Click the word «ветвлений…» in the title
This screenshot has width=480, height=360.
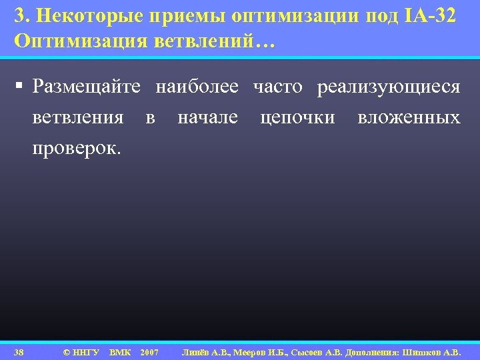pyautogui.click(x=214, y=41)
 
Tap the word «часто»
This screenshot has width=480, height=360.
pyautogui.click(x=278, y=87)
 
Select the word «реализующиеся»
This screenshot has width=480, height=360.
pyautogui.click(x=389, y=87)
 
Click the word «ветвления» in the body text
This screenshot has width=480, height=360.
pyautogui.click(x=78, y=118)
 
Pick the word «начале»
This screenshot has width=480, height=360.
pyautogui.click(x=207, y=118)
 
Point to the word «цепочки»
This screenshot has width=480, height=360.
pyautogui.click(x=297, y=118)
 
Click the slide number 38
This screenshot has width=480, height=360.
pyautogui.click(x=19, y=352)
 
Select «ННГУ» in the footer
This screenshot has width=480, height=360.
pyautogui.click(x=85, y=352)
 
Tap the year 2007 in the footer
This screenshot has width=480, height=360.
pyautogui.click(x=150, y=352)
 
